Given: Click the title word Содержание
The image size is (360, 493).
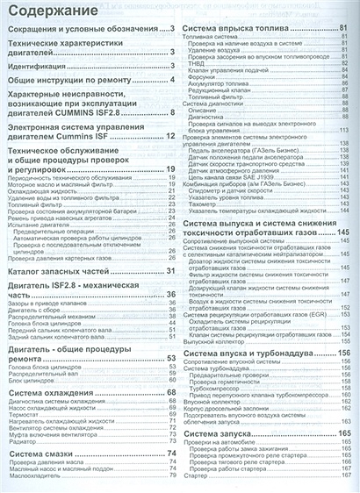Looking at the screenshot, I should pos(49,11).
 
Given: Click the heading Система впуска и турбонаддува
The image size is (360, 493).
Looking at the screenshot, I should pos(255,328).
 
